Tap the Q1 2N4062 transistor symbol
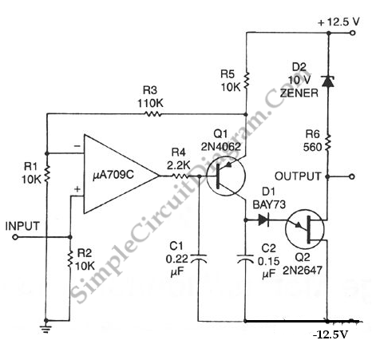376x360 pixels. tap(226, 176)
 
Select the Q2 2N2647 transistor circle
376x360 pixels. tap(305, 229)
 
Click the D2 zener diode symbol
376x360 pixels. tap(328, 81)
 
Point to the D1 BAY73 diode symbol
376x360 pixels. tap(263, 220)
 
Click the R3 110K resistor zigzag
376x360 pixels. tap(152, 114)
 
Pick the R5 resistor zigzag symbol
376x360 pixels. tap(246, 80)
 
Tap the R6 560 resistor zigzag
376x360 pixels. tap(328, 143)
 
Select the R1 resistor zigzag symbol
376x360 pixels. tap(47, 173)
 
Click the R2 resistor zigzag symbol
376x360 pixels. tap(70, 259)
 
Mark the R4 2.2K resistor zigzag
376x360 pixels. tap(180, 176)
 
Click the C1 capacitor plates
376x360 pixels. tap(198, 259)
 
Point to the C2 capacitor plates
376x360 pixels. tap(245, 259)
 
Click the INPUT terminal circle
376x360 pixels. tap(15, 237)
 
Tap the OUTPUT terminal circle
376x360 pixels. tap(352, 176)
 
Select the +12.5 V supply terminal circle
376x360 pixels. tap(353, 33)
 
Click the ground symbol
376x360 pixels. tap(46, 328)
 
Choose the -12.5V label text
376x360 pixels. tap(330, 334)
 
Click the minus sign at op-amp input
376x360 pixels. tap(77, 146)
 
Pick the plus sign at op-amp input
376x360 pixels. tap(77, 189)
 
